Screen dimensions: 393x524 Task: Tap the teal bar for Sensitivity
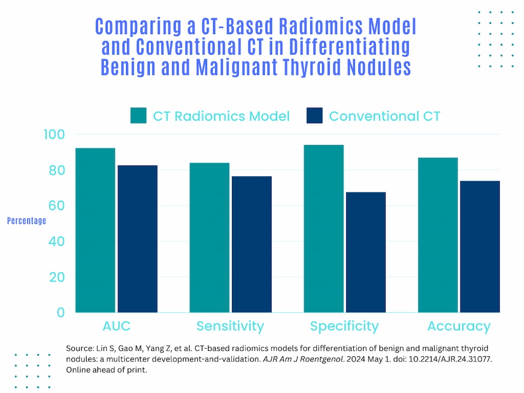click(x=209, y=238)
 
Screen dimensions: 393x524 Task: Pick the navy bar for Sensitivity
click(x=252, y=244)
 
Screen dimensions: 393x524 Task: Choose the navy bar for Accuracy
click(x=479, y=247)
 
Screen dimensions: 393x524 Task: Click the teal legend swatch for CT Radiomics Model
click(x=138, y=116)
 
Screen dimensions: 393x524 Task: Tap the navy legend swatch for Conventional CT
click(x=314, y=116)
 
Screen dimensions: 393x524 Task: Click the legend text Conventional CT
click(x=384, y=116)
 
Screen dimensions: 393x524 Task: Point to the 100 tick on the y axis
click(x=54, y=134)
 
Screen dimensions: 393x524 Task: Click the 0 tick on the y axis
click(x=60, y=313)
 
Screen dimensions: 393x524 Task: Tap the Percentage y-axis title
click(x=27, y=221)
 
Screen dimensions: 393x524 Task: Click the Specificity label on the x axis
click(x=344, y=326)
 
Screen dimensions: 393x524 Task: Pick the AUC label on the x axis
click(x=116, y=326)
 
